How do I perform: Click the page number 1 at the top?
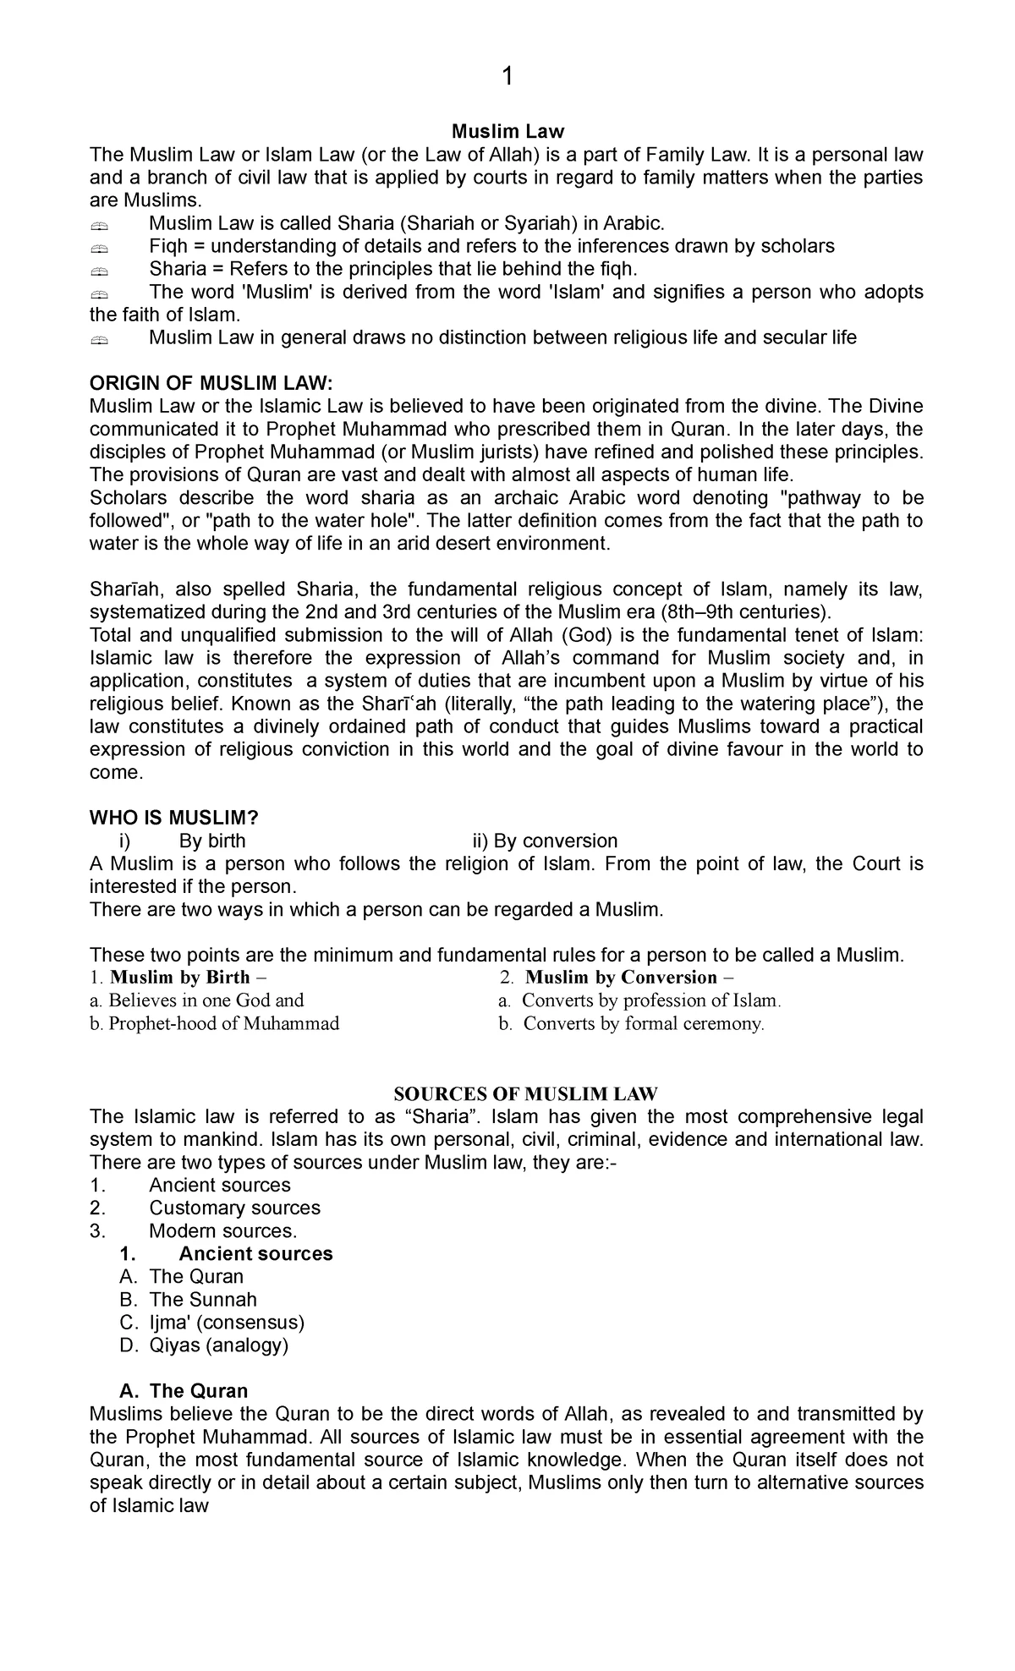click(x=507, y=77)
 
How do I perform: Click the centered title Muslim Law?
click(x=507, y=131)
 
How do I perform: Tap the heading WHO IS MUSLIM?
click(x=173, y=817)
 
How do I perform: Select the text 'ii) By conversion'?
click(x=545, y=841)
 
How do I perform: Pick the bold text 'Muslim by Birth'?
click(x=180, y=978)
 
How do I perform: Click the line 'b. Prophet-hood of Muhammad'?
click(x=214, y=1023)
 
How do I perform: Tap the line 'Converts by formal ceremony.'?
click(x=643, y=1023)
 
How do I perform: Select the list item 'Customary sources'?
click(x=234, y=1208)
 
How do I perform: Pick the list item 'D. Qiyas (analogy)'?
click(x=205, y=1345)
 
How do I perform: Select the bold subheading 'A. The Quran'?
click(x=184, y=1391)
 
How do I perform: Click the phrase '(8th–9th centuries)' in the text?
click(x=745, y=611)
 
